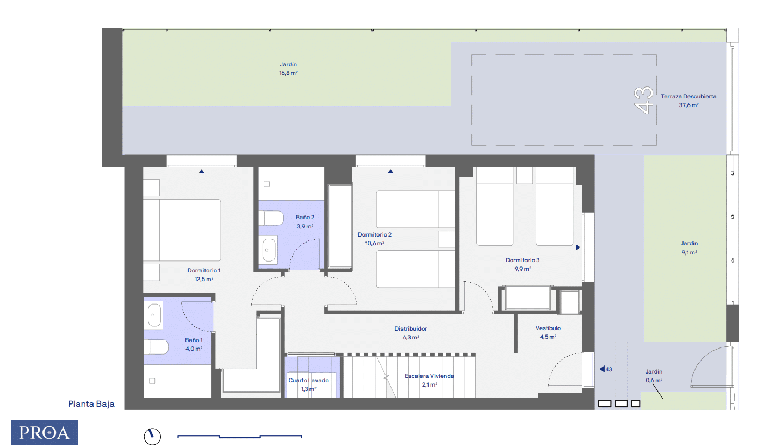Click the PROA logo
pos(45,432)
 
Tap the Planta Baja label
pos(91,404)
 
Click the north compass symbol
pos(152,436)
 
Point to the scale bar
pos(240,436)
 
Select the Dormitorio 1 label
pos(204,270)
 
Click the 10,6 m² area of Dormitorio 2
pos(374,243)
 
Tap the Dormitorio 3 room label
pos(523,260)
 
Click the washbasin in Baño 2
pos(269,250)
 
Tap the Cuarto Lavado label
pos(308,381)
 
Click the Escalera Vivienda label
pos(429,376)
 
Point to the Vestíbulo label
pos(548,328)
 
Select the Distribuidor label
pos(411,329)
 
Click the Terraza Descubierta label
pos(688,97)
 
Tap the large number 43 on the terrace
pos(644,100)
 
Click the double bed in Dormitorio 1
pos(183,231)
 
